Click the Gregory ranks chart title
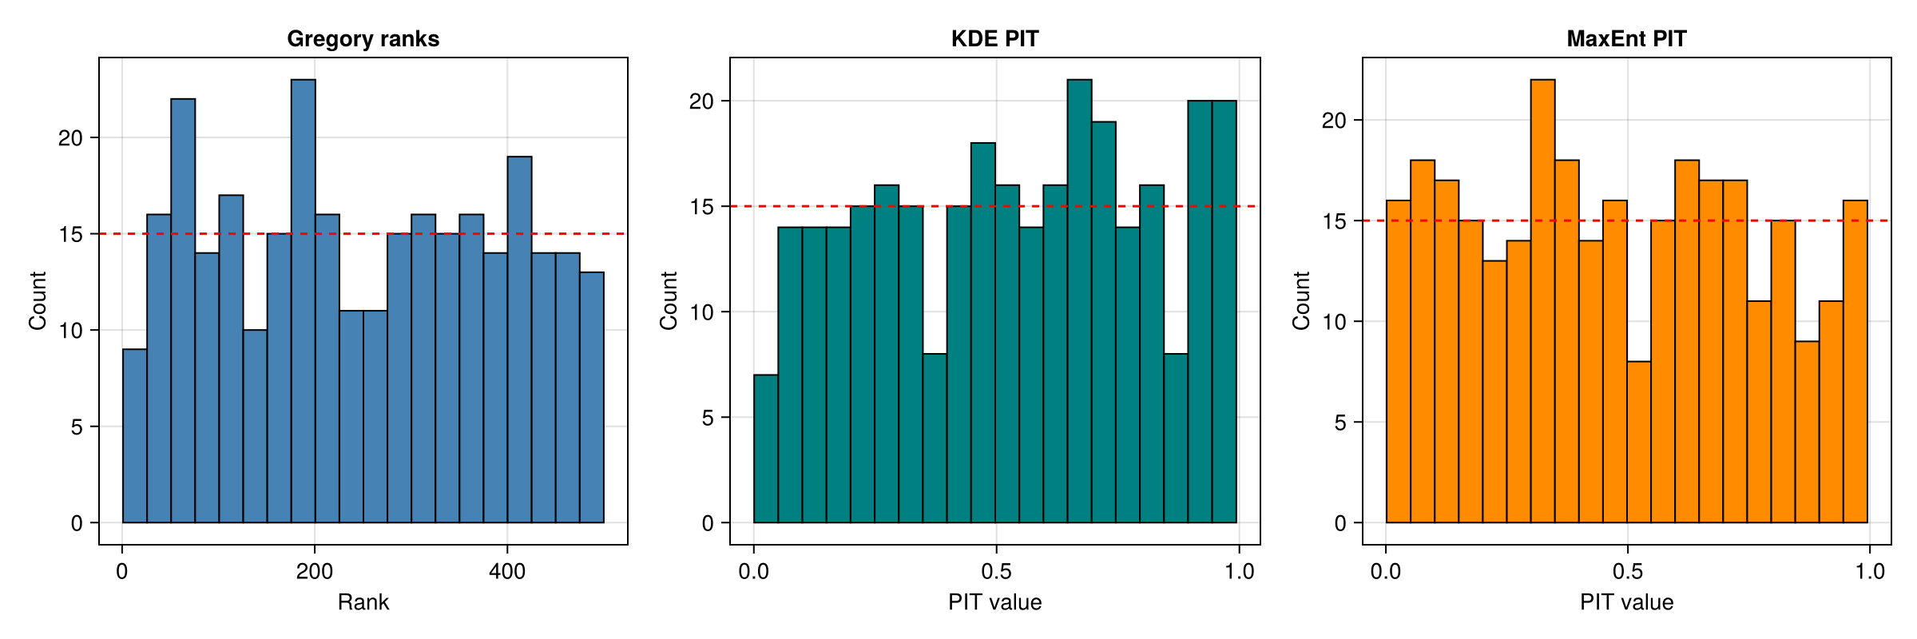tap(363, 38)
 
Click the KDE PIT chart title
tap(994, 38)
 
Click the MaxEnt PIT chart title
tap(1626, 38)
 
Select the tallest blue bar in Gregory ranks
tap(303, 304)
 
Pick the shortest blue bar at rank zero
tap(134, 435)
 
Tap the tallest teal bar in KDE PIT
tap(1079, 304)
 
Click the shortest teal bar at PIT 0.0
tap(765, 447)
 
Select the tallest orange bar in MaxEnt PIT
tap(1542, 304)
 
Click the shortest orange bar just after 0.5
tap(1638, 443)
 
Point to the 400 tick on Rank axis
tap(506, 572)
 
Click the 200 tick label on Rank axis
tap(314, 572)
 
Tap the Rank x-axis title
tap(363, 602)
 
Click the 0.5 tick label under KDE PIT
tap(996, 572)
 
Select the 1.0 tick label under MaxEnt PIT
tap(1869, 572)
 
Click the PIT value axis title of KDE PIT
tap(994, 602)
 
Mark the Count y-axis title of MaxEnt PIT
tap(1301, 300)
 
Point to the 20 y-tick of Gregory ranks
tap(70, 138)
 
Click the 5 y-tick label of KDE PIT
tap(708, 418)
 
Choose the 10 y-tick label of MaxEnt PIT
tap(1334, 322)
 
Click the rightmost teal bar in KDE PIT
tap(1224, 312)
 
